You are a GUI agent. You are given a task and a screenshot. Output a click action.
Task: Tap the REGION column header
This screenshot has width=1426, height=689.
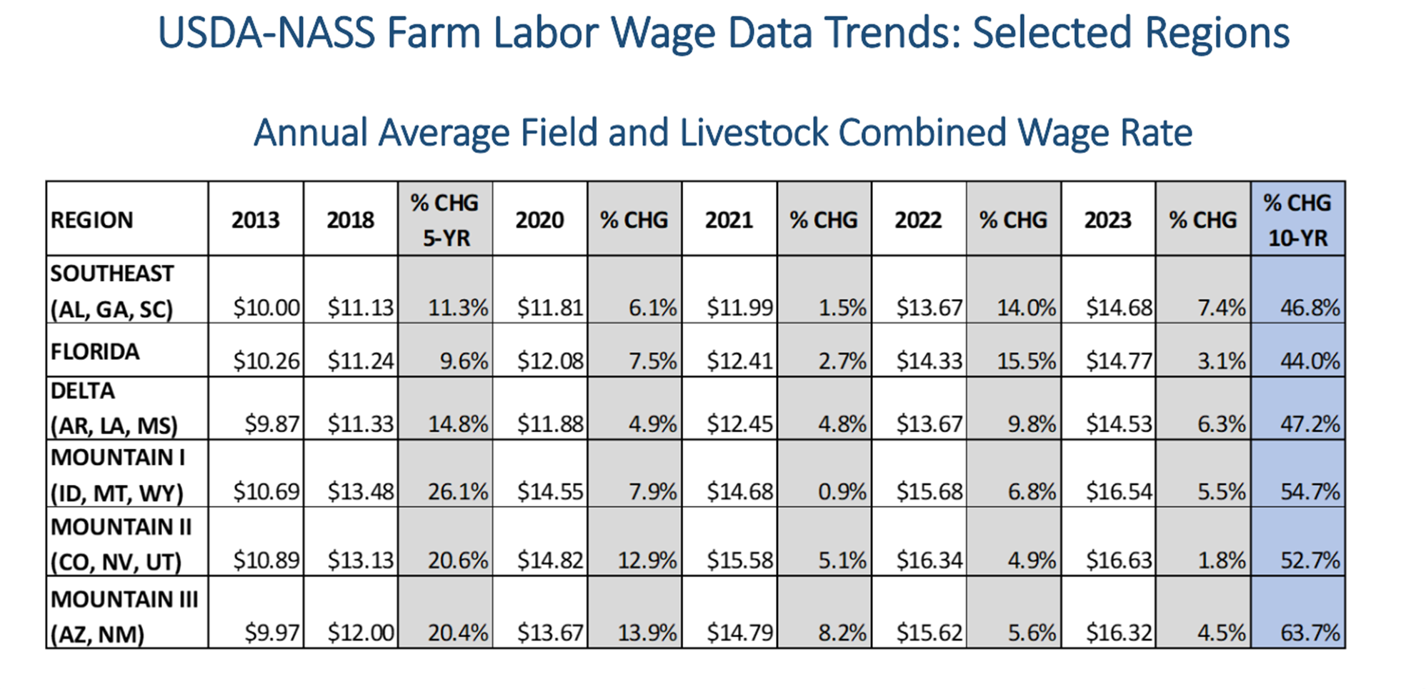[x=91, y=220]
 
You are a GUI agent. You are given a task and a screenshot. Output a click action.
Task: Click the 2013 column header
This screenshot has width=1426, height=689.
[x=255, y=220]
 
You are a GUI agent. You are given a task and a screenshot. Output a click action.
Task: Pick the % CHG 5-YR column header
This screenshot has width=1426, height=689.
[x=444, y=220]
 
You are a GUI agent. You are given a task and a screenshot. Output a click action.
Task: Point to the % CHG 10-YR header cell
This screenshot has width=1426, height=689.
[x=1297, y=220]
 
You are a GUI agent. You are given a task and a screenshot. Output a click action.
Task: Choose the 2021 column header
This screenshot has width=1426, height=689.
[x=729, y=220]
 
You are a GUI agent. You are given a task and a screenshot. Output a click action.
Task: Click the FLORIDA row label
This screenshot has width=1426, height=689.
[x=95, y=351]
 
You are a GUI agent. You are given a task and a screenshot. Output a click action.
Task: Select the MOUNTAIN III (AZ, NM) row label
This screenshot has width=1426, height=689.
[x=124, y=616]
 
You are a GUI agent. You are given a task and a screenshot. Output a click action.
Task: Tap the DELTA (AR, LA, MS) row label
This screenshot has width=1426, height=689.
[x=114, y=408]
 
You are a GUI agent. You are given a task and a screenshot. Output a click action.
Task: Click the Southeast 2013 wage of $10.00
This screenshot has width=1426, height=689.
[x=266, y=308]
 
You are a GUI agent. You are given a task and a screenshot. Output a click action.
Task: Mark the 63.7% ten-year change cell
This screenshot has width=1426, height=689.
[x=1310, y=633]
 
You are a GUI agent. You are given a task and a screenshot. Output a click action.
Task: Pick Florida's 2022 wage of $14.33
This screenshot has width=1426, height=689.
[x=929, y=361]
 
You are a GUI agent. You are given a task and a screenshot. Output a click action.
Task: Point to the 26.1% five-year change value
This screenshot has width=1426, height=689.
[x=458, y=491]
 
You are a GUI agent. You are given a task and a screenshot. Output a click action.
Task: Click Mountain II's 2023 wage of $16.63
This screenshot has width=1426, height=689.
[x=1119, y=559]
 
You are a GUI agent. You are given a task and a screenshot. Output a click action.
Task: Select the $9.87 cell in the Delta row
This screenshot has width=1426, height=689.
[x=272, y=423]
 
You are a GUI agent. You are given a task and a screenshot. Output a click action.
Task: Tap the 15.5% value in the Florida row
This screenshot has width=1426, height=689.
[x=1027, y=361]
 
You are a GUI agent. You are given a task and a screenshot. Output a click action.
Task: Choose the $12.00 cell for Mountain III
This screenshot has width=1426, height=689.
[x=361, y=633]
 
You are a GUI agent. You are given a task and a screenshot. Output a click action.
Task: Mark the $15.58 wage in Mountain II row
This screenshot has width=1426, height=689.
[x=740, y=559]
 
